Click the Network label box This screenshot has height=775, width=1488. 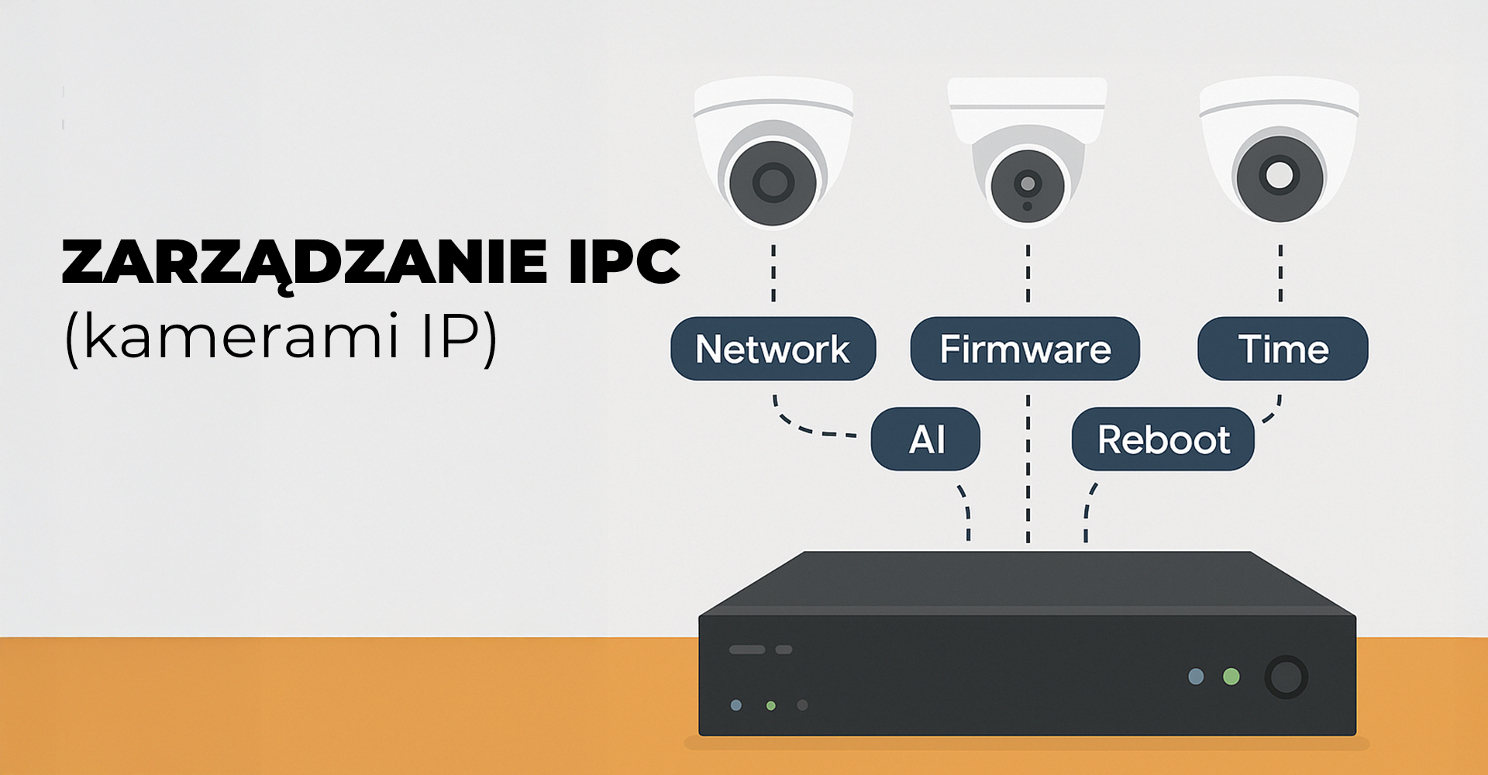(x=773, y=349)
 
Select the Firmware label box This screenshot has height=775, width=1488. (x=1025, y=349)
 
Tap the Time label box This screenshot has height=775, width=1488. (x=1283, y=349)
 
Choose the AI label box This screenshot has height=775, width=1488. (x=925, y=439)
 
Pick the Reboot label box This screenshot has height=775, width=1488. (x=1162, y=439)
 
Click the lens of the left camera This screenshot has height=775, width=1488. (x=773, y=183)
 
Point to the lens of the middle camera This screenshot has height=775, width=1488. (x=1028, y=184)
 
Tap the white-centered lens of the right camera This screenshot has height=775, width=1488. (x=1279, y=175)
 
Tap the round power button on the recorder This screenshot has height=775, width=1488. (x=1286, y=677)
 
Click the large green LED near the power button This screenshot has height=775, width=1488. (x=1231, y=677)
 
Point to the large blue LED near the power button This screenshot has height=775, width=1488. (x=1196, y=677)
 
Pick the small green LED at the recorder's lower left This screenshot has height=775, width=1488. (x=770, y=705)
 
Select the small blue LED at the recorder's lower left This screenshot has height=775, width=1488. (x=736, y=705)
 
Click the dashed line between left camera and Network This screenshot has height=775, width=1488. (x=773, y=273)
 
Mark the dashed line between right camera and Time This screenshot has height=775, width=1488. (x=1280, y=273)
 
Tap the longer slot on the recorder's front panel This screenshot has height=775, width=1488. (x=747, y=649)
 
